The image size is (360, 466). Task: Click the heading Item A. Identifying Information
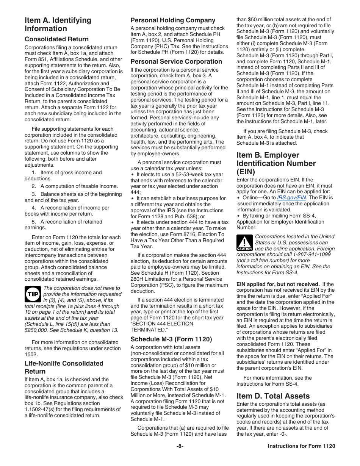(x=58, y=24)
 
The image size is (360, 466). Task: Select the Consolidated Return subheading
(x=56, y=39)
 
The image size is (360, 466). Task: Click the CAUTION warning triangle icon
(x=244, y=243)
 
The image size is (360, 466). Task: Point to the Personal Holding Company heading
(x=173, y=20)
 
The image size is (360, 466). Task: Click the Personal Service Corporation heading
(x=176, y=61)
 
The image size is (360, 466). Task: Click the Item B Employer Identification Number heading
(x=276, y=163)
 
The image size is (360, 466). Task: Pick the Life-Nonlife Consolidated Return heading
(x=64, y=367)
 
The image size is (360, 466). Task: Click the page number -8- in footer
(x=180, y=446)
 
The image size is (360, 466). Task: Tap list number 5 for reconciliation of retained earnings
(x=34, y=222)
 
